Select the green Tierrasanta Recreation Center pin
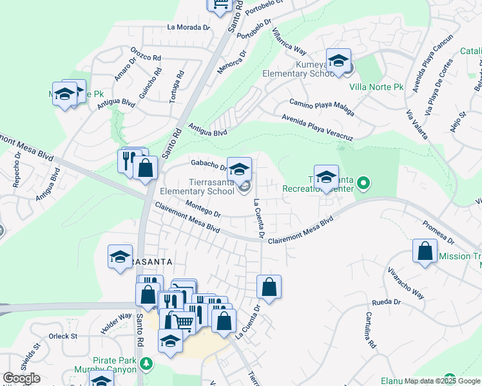(363, 184)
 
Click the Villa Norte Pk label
(376, 86)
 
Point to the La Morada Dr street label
(189, 28)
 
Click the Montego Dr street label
(202, 209)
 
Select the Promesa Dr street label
(438, 232)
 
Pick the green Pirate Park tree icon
(148, 363)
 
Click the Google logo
(21, 378)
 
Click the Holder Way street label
(115, 323)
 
